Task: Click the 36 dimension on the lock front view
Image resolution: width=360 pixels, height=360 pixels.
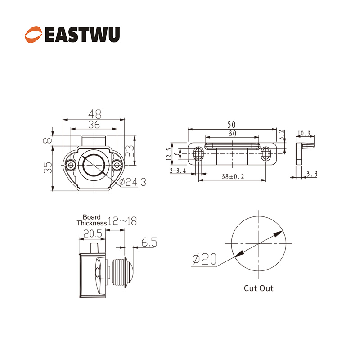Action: click(94, 124)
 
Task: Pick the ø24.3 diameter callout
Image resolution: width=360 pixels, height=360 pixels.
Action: click(134, 182)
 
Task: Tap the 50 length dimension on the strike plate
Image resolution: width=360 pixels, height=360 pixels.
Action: click(232, 124)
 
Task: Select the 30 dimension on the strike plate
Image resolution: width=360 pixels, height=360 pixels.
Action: click(232, 133)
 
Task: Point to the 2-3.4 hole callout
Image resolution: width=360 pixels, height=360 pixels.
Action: click(179, 171)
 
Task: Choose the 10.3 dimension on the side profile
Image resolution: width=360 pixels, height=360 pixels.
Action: click(305, 133)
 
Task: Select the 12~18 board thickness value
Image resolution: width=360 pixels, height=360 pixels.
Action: click(122, 221)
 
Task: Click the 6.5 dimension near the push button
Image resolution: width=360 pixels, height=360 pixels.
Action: click(149, 243)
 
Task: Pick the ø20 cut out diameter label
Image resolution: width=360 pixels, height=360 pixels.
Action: click(204, 259)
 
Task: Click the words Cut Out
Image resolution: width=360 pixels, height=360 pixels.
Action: click(258, 288)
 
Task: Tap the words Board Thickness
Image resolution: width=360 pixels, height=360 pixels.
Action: click(92, 220)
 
